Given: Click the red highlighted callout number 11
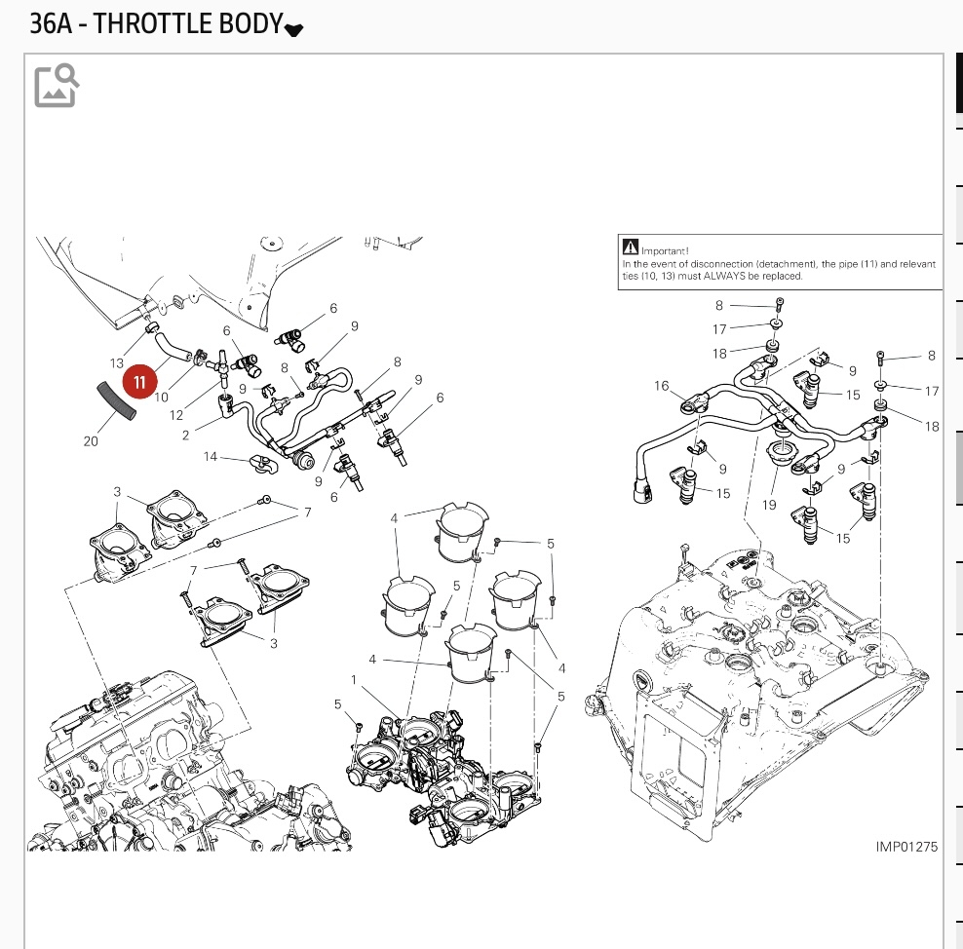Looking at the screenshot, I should pos(139,381).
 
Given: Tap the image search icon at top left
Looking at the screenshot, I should pos(57,85).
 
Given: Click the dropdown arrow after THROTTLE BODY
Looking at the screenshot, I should pos(294,29).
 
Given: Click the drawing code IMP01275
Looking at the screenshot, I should pos(905,847).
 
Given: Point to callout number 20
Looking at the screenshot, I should pos(91,441).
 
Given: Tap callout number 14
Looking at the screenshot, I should pos(210,456).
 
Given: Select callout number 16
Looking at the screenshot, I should pos(662,387).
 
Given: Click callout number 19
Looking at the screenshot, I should pos(770,505).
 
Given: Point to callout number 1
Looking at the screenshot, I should pos(354,678).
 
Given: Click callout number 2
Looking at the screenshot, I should pos(185,436).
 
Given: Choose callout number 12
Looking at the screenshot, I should pos(176,415).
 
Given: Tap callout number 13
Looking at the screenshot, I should pos(117,363).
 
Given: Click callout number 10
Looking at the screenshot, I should pos(161,398).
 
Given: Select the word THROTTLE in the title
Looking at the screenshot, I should pos(163,23).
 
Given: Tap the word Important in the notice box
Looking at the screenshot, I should pos(665,250).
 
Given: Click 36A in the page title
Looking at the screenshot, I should pos(51,23).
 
